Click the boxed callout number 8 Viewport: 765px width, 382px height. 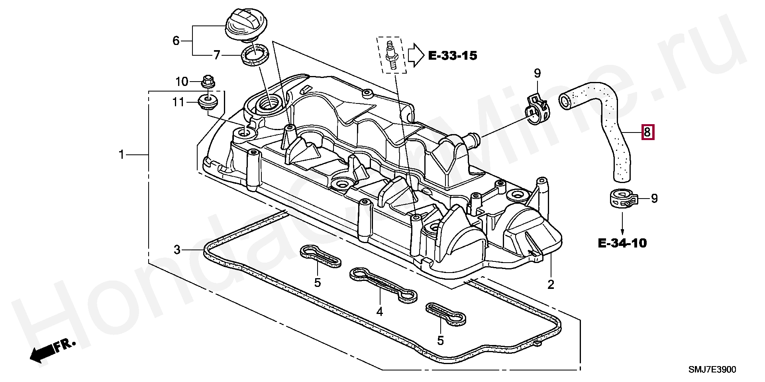coord(647,132)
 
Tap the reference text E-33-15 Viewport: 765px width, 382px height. coord(453,56)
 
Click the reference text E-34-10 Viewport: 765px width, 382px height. coord(622,243)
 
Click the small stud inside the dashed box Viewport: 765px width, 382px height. coord(391,55)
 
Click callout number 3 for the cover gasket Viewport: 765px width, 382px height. coord(177,250)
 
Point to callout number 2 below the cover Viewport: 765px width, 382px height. coord(551,285)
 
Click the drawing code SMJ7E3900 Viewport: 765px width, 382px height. coord(712,370)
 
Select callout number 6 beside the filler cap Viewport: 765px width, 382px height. coord(176,40)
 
